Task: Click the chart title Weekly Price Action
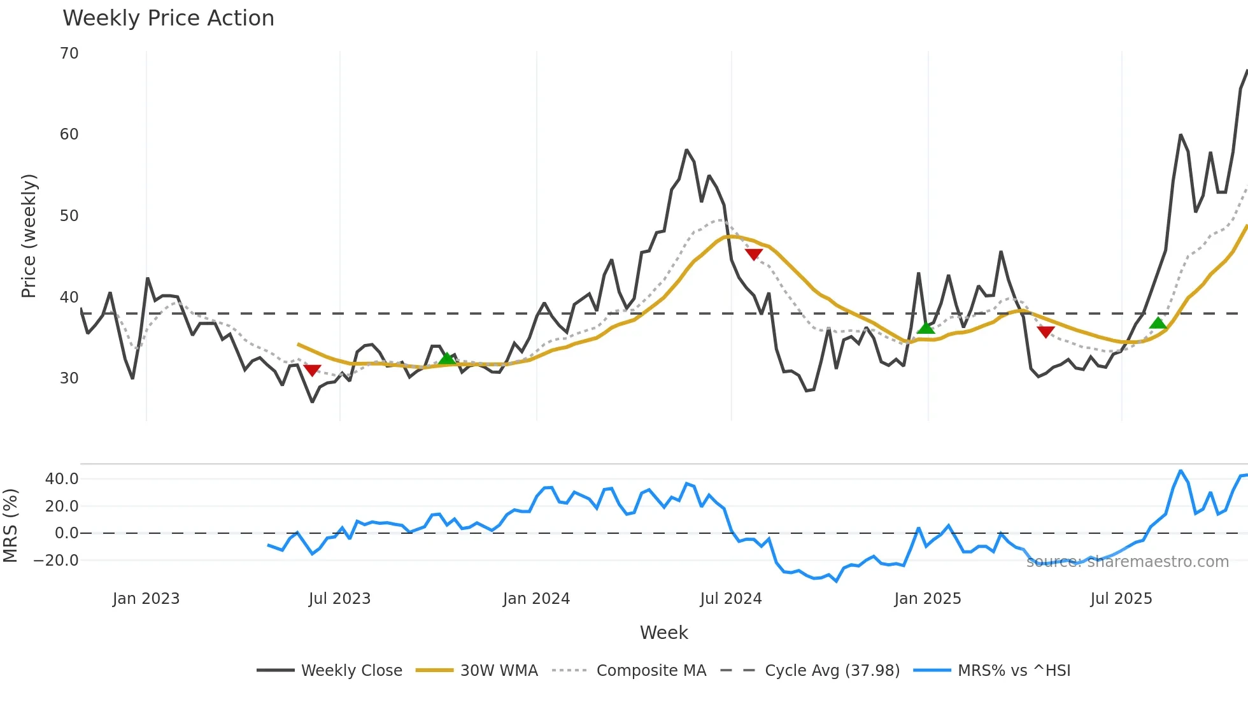tap(168, 18)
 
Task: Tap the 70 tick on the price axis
tap(69, 54)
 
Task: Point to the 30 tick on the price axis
tap(69, 378)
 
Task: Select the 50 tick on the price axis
tap(69, 216)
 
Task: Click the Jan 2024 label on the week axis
tap(536, 599)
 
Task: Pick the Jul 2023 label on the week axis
tap(339, 599)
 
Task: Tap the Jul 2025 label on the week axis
tap(1121, 599)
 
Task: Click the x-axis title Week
tap(663, 633)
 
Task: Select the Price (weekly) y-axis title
tap(29, 236)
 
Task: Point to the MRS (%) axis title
tap(10, 526)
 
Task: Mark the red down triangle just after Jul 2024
tap(753, 254)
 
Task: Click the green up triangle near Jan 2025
tap(926, 328)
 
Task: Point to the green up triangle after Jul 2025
tap(1158, 323)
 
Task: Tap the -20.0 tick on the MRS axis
tap(57, 561)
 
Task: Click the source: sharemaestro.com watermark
tap(1127, 562)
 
